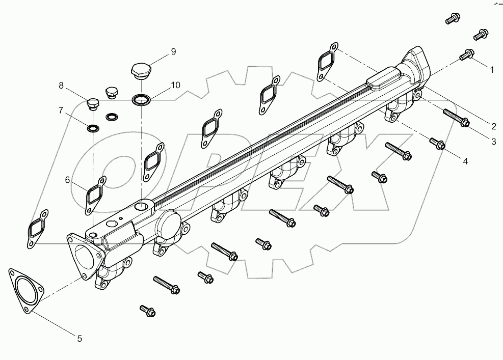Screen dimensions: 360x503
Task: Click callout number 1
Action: pyautogui.click(x=492, y=70)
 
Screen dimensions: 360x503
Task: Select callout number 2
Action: pyautogui.click(x=493, y=125)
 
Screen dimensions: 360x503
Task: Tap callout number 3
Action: pyautogui.click(x=493, y=142)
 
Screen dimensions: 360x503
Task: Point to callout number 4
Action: pyautogui.click(x=465, y=161)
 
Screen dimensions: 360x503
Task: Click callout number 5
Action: pyautogui.click(x=79, y=338)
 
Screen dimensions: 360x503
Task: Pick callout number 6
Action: pyautogui.click(x=67, y=179)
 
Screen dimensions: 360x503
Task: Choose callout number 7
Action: pyautogui.click(x=61, y=110)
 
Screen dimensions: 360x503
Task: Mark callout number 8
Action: pyautogui.click(x=61, y=86)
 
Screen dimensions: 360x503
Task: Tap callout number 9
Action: pyautogui.click(x=173, y=51)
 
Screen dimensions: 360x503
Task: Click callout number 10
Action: pyautogui.click(x=175, y=85)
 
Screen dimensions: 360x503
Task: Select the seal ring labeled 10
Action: pyautogui.click(x=141, y=99)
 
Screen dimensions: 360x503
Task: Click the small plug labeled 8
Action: pyautogui.click(x=92, y=104)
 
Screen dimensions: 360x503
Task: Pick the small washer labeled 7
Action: pyautogui.click(x=93, y=128)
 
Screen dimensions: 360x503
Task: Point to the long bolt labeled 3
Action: pyautogui.click(x=456, y=118)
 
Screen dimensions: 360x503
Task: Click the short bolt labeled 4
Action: pyautogui.click(x=438, y=144)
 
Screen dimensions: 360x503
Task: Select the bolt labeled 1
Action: pyautogui.click(x=467, y=54)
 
